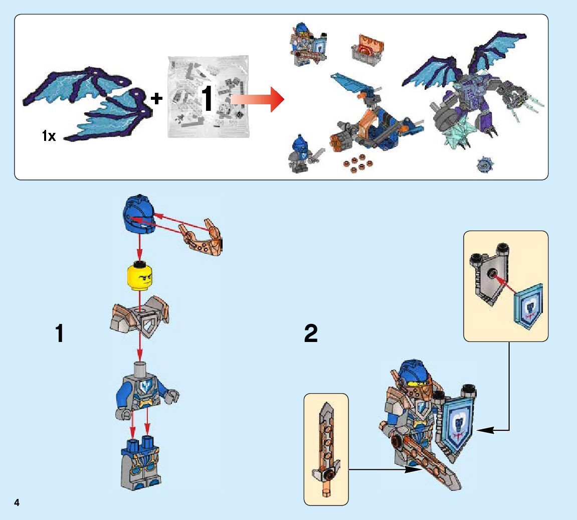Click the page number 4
(x=17, y=502)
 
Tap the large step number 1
(x=60, y=334)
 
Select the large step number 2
(x=311, y=334)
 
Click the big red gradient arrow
(x=258, y=98)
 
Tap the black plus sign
(x=157, y=99)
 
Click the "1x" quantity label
(x=49, y=135)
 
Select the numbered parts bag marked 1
(x=208, y=97)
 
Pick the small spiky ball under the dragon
(x=485, y=164)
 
